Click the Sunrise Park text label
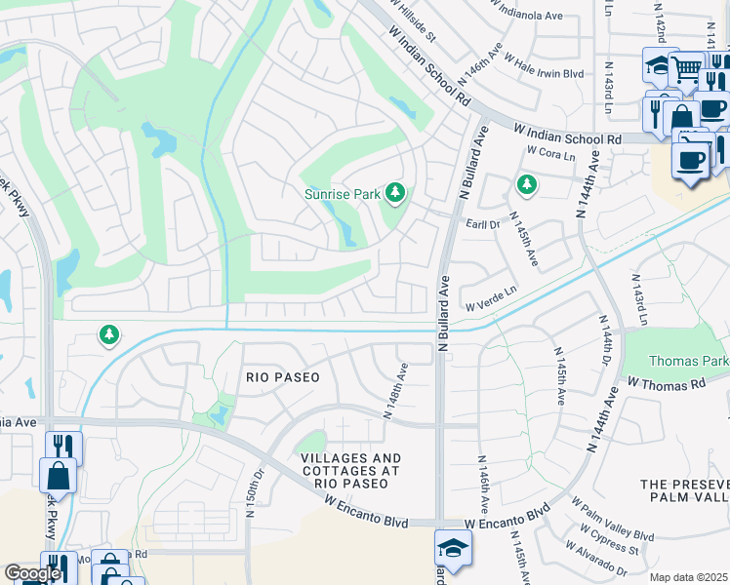pyautogui.click(x=342, y=194)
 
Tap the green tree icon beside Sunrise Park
pyautogui.click(x=395, y=193)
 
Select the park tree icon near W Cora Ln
pyautogui.click(x=527, y=183)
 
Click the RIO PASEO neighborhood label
pyautogui.click(x=270, y=376)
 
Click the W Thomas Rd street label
pyautogui.click(x=666, y=383)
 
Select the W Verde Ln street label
pyautogui.click(x=489, y=305)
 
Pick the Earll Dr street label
pyautogui.click(x=484, y=223)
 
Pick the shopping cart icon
pyautogui.click(x=687, y=68)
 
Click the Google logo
pyautogui.click(x=32, y=574)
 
